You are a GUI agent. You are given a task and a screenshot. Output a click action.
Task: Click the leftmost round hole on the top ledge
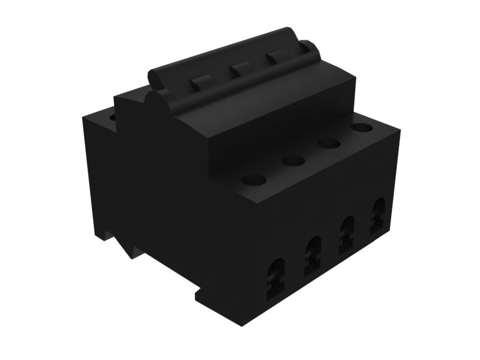pyautogui.click(x=254, y=179)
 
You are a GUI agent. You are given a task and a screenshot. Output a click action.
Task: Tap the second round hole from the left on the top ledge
pyautogui.click(x=293, y=161)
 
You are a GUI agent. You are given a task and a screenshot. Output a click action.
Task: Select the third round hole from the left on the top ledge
pyautogui.click(x=329, y=143)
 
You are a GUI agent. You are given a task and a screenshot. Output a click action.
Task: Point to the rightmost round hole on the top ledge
pyautogui.click(x=361, y=127)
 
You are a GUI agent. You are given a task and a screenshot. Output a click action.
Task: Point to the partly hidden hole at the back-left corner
pyautogui.click(x=113, y=117)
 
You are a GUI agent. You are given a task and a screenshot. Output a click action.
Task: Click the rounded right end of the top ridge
pyautogui.click(x=311, y=48)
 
